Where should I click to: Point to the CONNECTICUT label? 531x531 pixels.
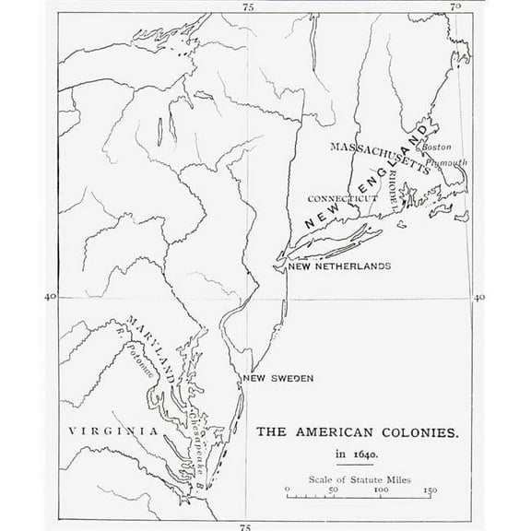[344, 197]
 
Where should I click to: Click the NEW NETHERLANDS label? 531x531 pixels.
[339, 265]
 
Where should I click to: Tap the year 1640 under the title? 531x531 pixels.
[358, 454]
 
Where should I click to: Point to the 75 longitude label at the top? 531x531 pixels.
[247, 6]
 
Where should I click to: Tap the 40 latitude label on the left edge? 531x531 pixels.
[51, 296]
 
